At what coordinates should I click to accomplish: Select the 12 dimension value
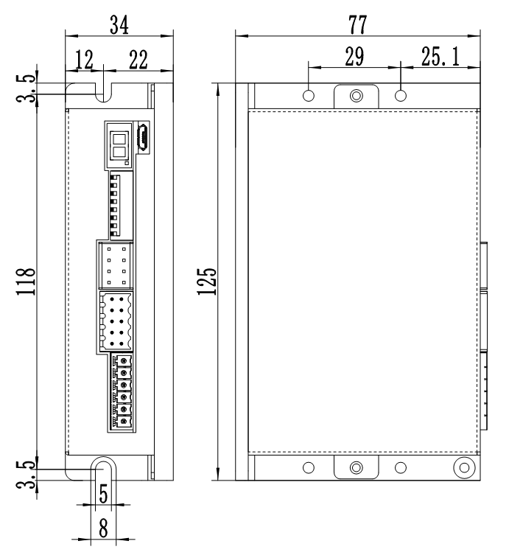click(x=84, y=60)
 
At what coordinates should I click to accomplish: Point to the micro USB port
click(x=144, y=137)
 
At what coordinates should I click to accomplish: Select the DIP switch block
click(x=114, y=204)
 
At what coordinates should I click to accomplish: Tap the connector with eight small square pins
click(x=114, y=265)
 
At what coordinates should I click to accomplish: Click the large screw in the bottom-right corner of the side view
click(x=463, y=467)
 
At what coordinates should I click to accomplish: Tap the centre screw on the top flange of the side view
click(x=357, y=96)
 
